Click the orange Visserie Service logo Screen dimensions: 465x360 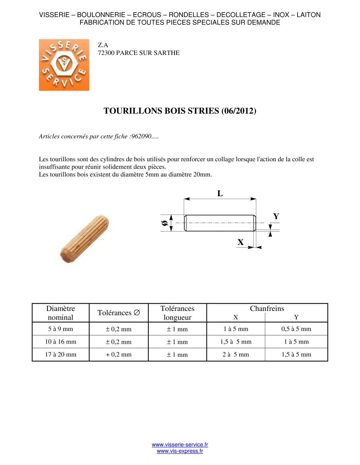click(x=64, y=65)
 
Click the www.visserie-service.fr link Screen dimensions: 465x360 click(x=180, y=445)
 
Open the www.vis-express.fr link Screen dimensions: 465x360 click(x=180, y=451)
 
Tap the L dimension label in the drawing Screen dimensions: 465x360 click(x=220, y=194)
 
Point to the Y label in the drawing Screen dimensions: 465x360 click(x=276, y=216)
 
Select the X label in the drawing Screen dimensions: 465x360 click(x=241, y=242)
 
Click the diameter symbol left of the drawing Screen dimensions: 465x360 click(x=165, y=223)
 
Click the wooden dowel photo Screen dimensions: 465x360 click(x=84, y=239)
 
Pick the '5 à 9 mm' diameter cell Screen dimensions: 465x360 click(x=61, y=329)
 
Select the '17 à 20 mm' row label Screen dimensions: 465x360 click(x=61, y=354)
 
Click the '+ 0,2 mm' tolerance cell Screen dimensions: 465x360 click(x=118, y=354)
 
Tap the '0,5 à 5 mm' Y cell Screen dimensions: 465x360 click(x=296, y=329)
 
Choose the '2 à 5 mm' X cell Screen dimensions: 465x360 click(x=236, y=354)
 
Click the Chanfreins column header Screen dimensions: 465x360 click(x=267, y=309)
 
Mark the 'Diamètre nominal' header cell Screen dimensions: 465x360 click(x=61, y=313)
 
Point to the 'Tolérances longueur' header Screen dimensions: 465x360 click(x=177, y=313)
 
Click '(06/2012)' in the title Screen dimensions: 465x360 click(x=239, y=111)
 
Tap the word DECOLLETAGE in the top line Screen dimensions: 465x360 click(x=241, y=15)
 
